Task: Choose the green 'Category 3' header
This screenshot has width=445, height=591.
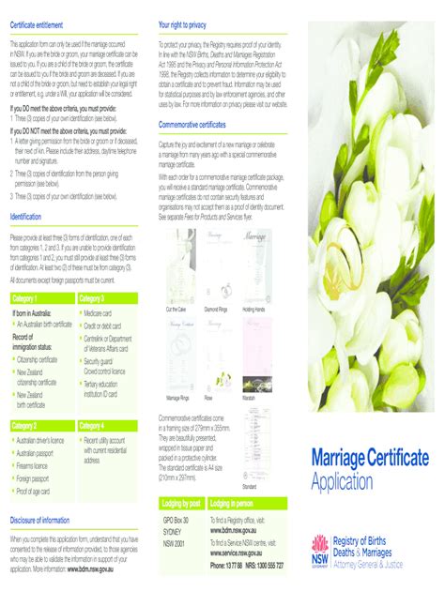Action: (x=93, y=298)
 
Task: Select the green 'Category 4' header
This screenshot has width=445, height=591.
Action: (x=93, y=426)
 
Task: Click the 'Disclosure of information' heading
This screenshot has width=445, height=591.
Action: (x=41, y=520)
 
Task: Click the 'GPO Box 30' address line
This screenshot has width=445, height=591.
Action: (x=176, y=520)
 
